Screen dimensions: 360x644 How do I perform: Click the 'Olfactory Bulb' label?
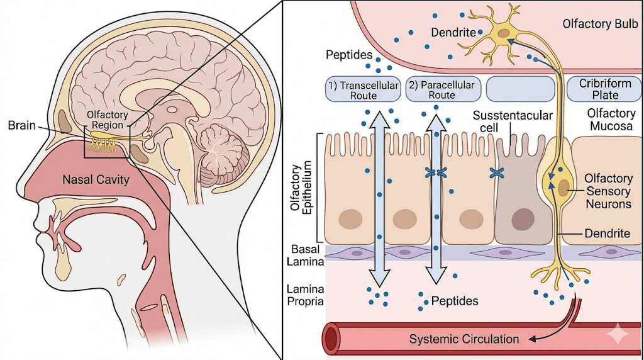(x=601, y=24)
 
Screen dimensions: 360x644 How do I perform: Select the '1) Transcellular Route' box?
(x=361, y=89)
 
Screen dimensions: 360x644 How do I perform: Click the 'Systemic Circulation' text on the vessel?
(x=464, y=339)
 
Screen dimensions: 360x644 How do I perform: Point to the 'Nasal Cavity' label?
(x=96, y=179)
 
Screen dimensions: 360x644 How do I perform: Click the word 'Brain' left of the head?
(x=21, y=125)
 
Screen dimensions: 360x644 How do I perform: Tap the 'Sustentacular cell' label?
(x=513, y=121)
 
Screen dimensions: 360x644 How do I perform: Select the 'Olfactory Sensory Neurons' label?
(x=608, y=191)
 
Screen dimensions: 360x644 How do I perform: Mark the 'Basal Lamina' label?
(x=306, y=255)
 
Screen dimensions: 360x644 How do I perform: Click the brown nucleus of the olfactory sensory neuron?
(x=564, y=187)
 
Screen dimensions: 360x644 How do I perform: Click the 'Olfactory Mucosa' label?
(x=611, y=119)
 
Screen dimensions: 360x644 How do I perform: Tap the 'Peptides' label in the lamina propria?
(x=454, y=301)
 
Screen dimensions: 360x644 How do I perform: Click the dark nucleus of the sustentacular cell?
(x=521, y=219)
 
